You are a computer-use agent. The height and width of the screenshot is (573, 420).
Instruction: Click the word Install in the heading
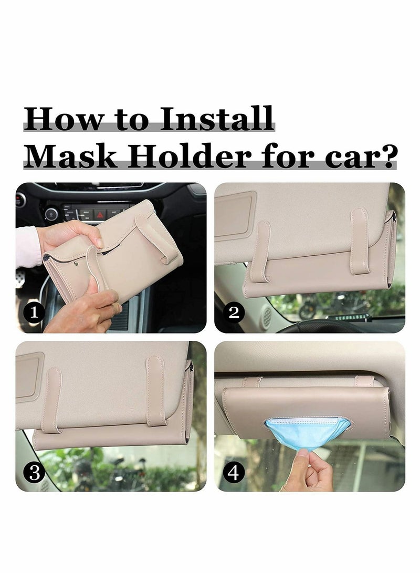click(x=217, y=119)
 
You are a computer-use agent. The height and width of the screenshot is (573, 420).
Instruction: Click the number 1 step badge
click(x=35, y=314)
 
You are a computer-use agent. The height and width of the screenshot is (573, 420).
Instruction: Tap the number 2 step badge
click(x=234, y=314)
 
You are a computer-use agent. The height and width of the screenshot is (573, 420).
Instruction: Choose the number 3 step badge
click(x=35, y=473)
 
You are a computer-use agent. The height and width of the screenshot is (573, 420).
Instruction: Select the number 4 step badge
click(x=234, y=473)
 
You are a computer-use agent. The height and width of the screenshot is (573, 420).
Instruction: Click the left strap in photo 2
click(x=260, y=251)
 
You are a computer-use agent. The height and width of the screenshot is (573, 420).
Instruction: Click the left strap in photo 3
click(x=51, y=400)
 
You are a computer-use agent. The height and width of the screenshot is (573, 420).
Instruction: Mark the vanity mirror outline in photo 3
click(x=29, y=377)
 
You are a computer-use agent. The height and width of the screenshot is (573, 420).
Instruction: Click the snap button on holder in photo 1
click(x=77, y=260)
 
